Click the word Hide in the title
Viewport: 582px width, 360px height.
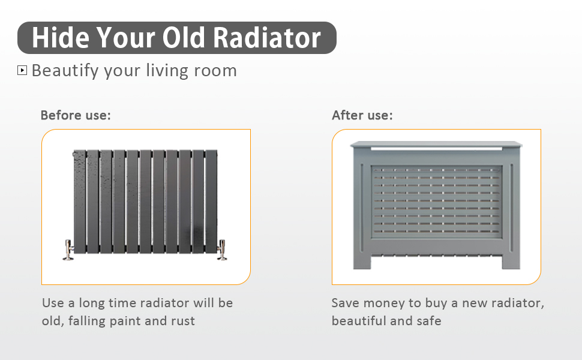61,38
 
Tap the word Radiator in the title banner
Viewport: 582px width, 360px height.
267,38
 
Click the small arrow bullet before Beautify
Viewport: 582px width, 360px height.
22,70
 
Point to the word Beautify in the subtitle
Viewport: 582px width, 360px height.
65,71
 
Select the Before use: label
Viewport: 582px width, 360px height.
76,115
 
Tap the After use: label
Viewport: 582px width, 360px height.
362,115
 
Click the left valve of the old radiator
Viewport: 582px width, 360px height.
68,250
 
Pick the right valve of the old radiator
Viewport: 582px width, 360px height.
221,250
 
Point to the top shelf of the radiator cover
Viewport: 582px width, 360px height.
436,144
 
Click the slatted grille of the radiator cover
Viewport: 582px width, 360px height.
436,200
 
